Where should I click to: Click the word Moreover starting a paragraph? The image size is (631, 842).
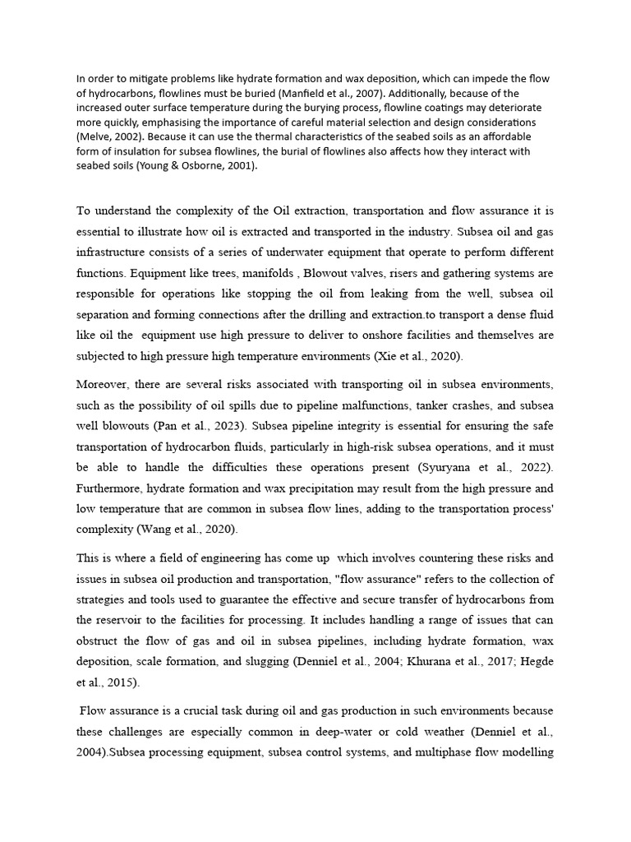(104, 383)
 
